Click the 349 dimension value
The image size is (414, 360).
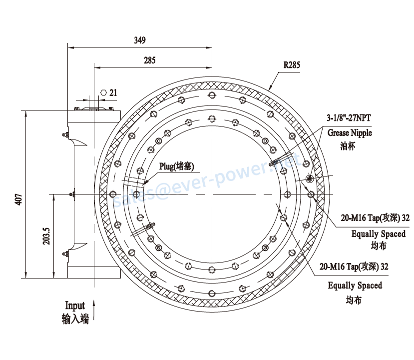140,40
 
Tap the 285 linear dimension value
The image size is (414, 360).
149,60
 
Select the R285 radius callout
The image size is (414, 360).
292,65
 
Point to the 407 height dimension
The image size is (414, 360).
19,199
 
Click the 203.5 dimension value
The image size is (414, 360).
46,236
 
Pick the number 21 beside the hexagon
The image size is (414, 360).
113,93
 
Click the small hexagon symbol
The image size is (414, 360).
103,92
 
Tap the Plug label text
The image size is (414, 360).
176,166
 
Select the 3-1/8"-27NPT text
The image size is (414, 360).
349,117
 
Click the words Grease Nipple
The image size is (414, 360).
350,132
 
